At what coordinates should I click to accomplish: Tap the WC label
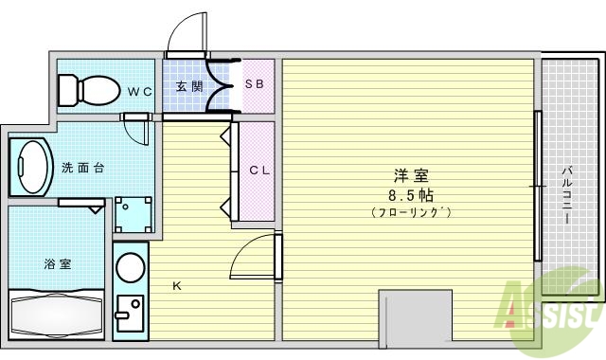(140, 92)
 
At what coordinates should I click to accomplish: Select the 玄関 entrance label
(189, 86)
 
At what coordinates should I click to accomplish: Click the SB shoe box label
(255, 84)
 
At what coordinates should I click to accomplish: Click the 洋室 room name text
(411, 175)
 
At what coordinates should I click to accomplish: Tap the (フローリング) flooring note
(411, 213)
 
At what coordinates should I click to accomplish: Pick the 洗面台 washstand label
(82, 168)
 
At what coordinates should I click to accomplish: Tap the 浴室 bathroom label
(56, 264)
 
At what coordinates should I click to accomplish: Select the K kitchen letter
(176, 285)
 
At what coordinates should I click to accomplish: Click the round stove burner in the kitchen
(130, 267)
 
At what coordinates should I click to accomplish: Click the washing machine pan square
(133, 214)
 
